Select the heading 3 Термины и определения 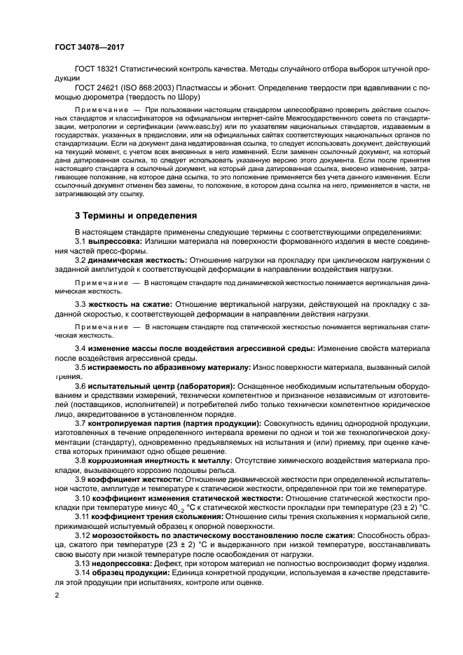pos(136,216)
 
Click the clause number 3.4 pos(81,348)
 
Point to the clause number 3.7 pos(81,423)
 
